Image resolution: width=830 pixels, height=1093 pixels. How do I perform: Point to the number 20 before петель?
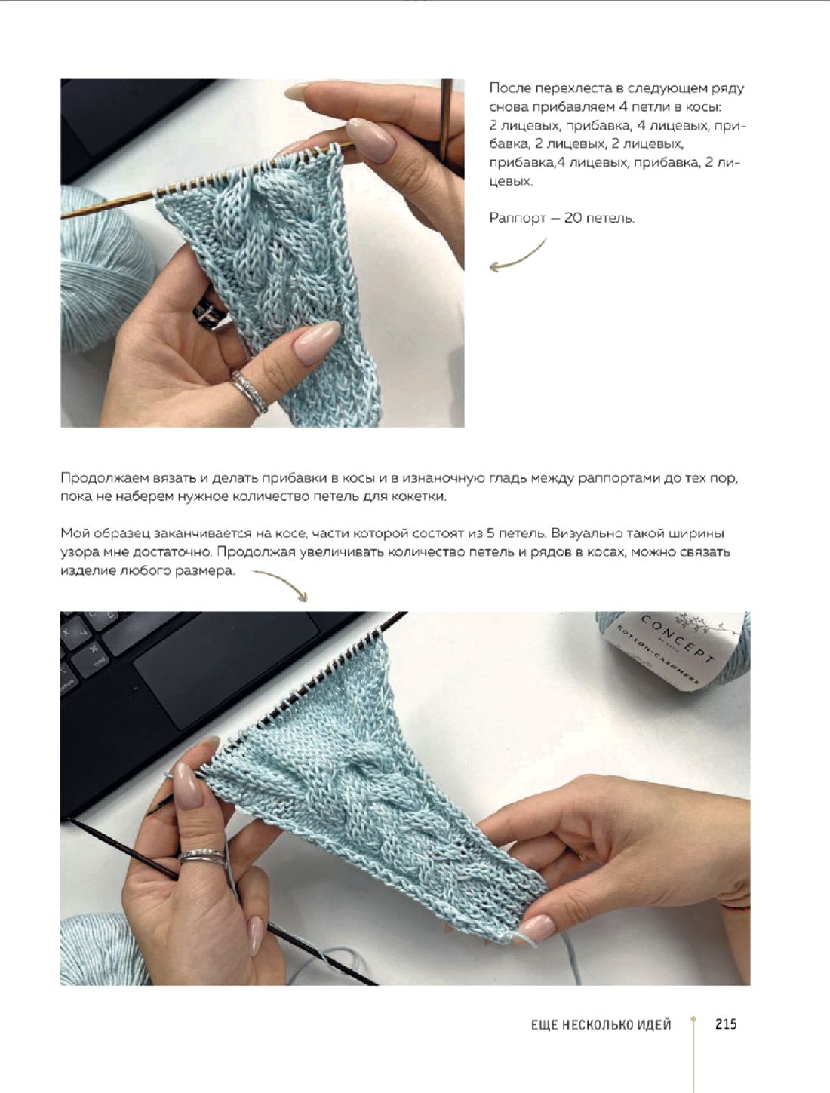(x=572, y=217)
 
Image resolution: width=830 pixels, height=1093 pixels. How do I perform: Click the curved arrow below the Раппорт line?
(x=518, y=256)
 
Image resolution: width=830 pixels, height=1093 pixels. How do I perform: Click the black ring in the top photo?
(x=208, y=312)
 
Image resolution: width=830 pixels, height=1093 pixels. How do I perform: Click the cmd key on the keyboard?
(x=92, y=660)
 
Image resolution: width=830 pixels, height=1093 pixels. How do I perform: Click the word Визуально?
(x=584, y=533)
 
